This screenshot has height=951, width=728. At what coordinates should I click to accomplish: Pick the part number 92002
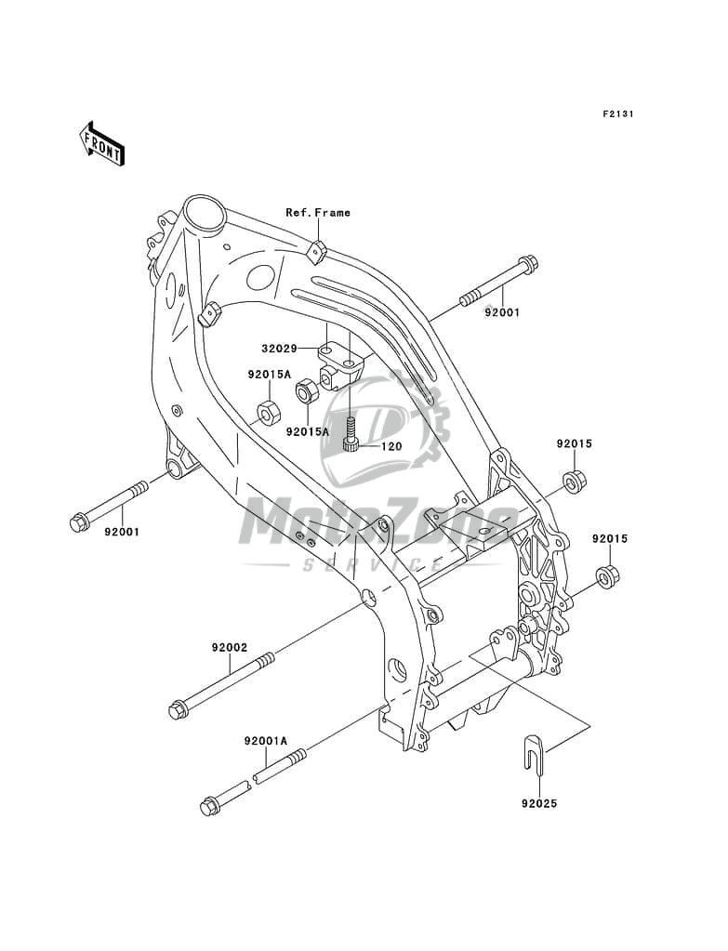pyautogui.click(x=228, y=647)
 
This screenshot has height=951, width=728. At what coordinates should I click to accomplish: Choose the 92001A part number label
pyautogui.click(x=266, y=741)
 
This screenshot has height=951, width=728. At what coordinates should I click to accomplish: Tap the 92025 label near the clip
pyautogui.click(x=539, y=800)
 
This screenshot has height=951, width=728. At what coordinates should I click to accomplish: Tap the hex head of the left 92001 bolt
pyautogui.click(x=79, y=522)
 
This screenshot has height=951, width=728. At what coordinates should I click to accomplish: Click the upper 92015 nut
pyautogui.click(x=573, y=482)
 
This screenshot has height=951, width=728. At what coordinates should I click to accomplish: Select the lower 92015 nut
pyautogui.click(x=607, y=578)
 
